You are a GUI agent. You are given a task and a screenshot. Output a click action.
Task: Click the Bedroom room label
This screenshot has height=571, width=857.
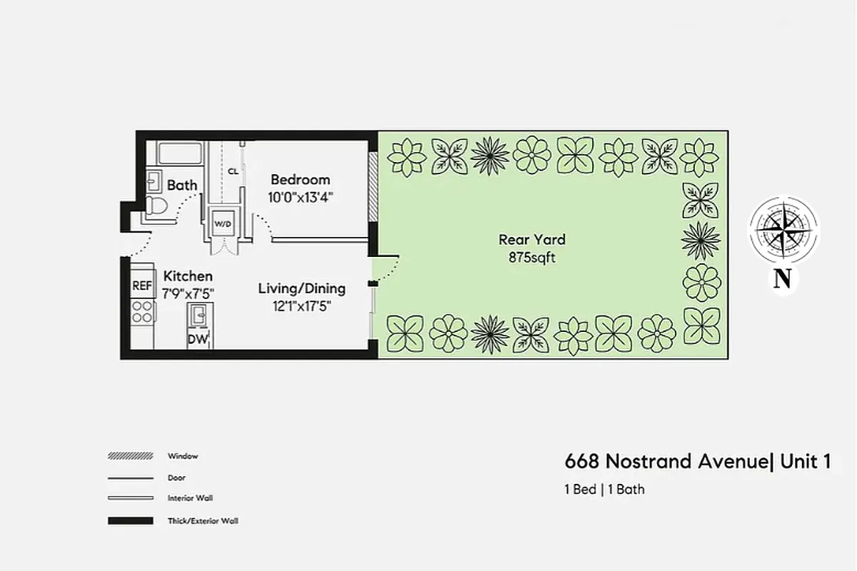click(x=300, y=179)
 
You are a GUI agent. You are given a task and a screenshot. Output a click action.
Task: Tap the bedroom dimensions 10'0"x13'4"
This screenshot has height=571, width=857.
click(x=300, y=197)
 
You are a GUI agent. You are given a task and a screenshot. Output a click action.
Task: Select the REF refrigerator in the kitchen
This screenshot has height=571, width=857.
click(x=142, y=285)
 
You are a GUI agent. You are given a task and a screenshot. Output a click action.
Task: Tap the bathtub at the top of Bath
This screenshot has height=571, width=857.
click(x=180, y=153)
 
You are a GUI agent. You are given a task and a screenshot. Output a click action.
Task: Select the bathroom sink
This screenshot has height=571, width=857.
click(x=154, y=181)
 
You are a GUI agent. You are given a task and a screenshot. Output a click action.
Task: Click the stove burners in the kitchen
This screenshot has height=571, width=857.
click(x=143, y=311)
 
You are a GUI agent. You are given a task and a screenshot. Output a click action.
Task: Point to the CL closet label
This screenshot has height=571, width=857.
click(x=233, y=171)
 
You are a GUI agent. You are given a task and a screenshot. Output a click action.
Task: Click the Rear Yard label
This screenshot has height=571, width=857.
click(x=532, y=240)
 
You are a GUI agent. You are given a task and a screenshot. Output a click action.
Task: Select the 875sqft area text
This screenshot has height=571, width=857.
click(x=532, y=258)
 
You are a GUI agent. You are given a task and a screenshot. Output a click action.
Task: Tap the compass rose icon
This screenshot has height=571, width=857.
click(x=783, y=230)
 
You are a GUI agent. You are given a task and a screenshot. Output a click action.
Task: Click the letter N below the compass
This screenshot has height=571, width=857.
click(x=783, y=279)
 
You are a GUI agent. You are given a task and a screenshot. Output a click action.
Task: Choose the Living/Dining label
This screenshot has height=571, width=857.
click(x=301, y=288)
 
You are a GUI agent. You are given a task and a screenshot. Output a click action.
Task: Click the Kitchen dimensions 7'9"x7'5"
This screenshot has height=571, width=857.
click(x=189, y=293)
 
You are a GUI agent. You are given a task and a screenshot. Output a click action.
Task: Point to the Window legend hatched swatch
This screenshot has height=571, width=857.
click(x=130, y=455)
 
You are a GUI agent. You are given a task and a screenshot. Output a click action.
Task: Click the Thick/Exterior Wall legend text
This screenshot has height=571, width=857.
click(x=203, y=521)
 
